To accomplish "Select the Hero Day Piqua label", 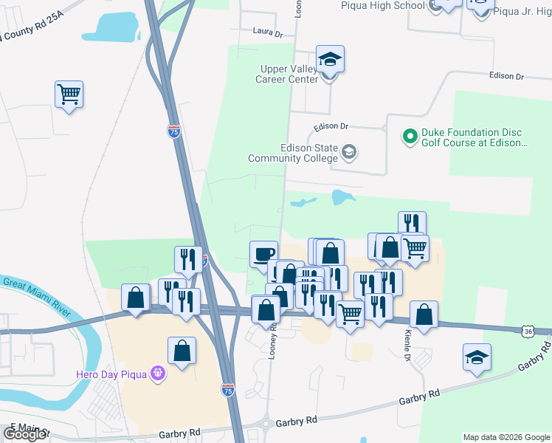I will click(x=112, y=374).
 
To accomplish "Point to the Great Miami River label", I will click(x=36, y=297).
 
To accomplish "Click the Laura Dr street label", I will click(x=268, y=33).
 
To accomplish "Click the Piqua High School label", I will click(x=383, y=6).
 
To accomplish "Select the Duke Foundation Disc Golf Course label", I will click(x=474, y=137).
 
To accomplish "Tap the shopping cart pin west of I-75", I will click(x=69, y=94).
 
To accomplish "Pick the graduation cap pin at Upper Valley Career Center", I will click(x=330, y=59).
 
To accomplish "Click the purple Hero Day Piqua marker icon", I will click(x=157, y=374).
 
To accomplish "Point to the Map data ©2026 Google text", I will click(x=506, y=437).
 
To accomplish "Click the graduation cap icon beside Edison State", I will click(x=349, y=153).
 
